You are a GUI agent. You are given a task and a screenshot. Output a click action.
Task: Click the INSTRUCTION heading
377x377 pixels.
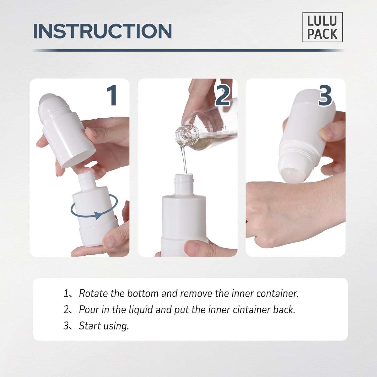[103, 31]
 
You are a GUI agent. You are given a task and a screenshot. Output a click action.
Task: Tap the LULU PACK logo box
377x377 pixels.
[322, 27]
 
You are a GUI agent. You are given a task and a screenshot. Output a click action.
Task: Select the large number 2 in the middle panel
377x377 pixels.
[222, 95]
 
